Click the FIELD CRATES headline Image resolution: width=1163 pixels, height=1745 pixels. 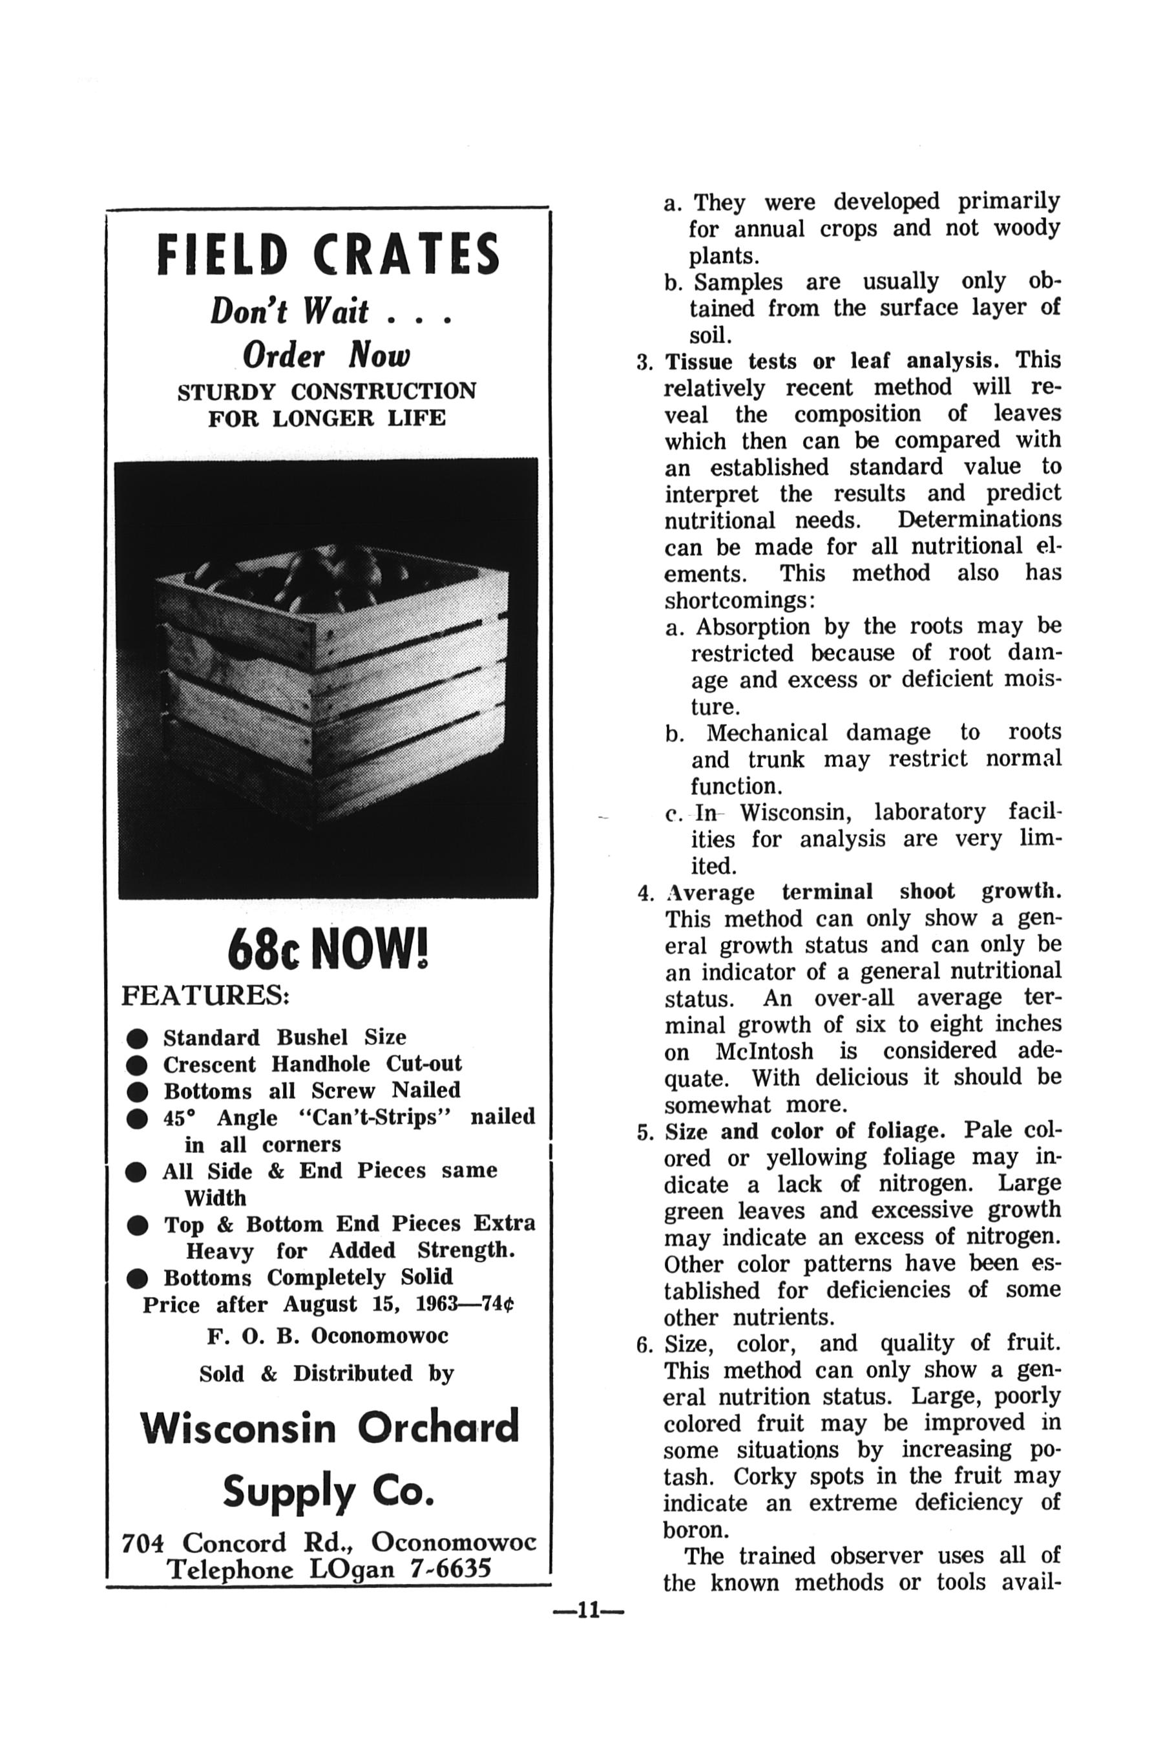[329, 254]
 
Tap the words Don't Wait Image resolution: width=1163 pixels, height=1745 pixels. [289, 311]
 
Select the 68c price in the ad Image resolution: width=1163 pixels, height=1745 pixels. [264, 949]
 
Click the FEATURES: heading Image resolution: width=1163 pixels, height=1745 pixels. [205, 996]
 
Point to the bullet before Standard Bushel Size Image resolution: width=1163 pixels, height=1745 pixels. [137, 1037]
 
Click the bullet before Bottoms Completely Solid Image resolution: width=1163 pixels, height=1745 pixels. [137, 1278]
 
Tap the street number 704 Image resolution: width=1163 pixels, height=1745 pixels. [142, 1543]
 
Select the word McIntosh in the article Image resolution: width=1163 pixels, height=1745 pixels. [763, 1052]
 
